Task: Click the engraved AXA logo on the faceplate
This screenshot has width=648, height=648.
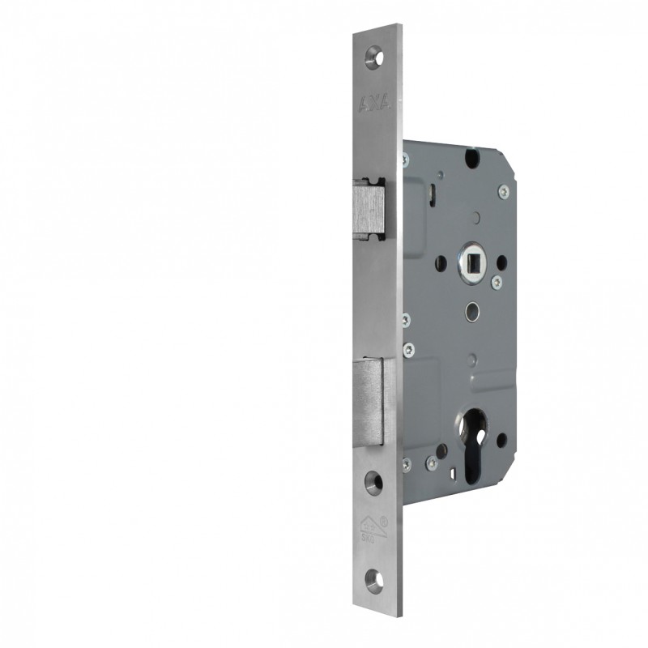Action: (375, 103)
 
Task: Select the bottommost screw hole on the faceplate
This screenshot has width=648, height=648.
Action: (374, 578)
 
